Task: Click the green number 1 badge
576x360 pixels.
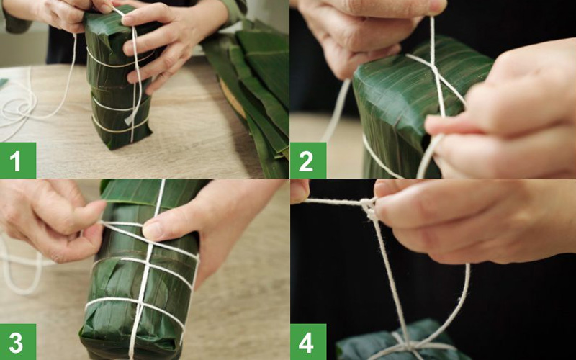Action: tap(17, 161)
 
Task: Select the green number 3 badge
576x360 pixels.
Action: tap(17, 341)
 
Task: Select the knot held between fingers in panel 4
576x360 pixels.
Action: tap(370, 208)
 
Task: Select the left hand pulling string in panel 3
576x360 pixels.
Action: tap(50, 216)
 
